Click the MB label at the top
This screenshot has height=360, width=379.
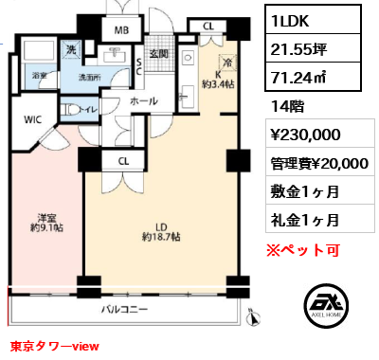click(121, 30)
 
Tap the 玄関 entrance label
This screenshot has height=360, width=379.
click(158, 54)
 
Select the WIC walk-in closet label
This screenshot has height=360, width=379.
click(33, 119)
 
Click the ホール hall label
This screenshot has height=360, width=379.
click(144, 101)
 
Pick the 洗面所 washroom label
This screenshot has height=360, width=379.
click(90, 77)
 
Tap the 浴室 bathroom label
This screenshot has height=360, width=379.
click(39, 76)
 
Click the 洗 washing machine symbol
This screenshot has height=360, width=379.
click(71, 49)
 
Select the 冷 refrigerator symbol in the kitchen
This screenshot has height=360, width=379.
click(227, 63)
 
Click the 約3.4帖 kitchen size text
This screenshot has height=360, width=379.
click(218, 84)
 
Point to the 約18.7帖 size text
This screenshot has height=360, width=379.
click(161, 237)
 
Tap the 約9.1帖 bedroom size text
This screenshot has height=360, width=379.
click(46, 227)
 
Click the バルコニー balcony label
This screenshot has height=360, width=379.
click(124, 309)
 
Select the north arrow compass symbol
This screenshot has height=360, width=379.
click(254, 317)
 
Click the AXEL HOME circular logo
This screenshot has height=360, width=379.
click(326, 305)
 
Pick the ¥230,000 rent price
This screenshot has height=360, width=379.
click(305, 135)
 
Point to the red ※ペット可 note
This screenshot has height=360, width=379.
click(303, 250)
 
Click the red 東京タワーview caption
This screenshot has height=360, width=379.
click(55, 346)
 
